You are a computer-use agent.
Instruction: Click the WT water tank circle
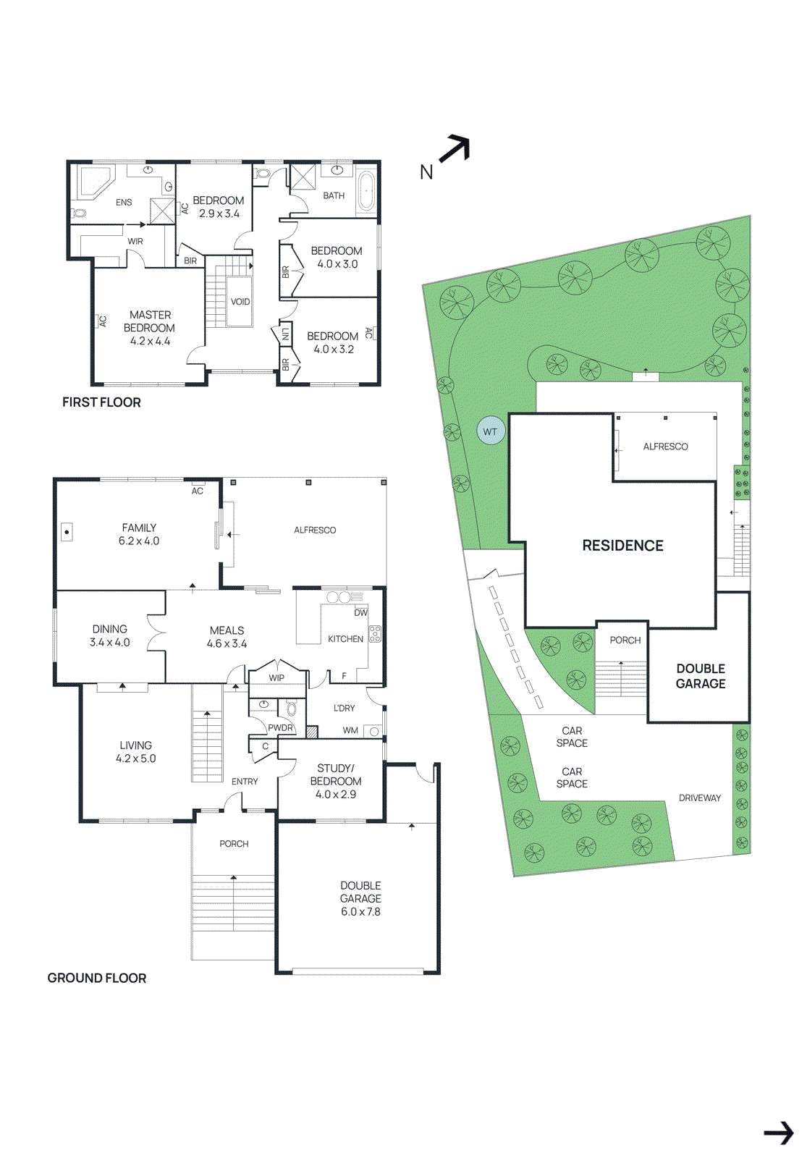490,431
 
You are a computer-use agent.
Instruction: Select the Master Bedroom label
150,321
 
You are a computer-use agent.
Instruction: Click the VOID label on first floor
240,302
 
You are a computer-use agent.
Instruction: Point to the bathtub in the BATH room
367,191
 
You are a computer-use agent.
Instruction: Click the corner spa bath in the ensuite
94,182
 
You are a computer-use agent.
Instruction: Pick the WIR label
135,241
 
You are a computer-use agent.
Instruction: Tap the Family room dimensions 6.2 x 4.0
139,541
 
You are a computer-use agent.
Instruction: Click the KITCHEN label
345,639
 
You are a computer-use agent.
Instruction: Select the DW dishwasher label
360,612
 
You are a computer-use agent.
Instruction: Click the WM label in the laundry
350,730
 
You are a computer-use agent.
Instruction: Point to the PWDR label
280,727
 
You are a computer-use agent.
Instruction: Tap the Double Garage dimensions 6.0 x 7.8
360,912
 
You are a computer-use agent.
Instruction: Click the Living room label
136,745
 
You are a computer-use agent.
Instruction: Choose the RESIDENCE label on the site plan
622,546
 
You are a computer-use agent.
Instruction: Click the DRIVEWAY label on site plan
699,798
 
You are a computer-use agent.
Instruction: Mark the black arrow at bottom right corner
779,1133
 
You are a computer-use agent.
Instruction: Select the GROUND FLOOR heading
97,978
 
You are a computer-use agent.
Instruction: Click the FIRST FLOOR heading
101,402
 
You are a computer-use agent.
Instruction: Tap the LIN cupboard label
285,334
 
